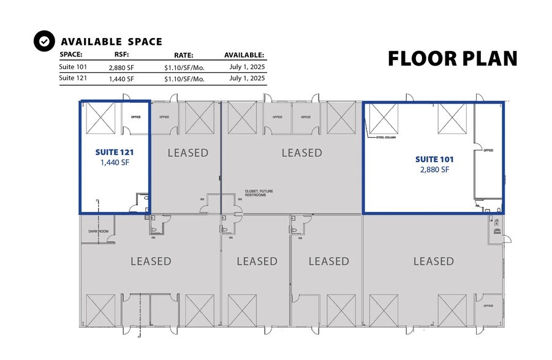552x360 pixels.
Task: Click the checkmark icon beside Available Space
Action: point(43,41)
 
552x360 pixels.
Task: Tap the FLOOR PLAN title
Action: point(453,58)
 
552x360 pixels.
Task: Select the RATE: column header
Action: point(184,54)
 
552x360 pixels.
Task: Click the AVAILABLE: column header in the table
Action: point(244,54)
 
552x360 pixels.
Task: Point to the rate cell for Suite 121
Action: point(184,78)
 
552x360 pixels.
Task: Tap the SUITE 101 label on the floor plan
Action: point(434,159)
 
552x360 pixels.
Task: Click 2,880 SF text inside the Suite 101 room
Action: point(434,170)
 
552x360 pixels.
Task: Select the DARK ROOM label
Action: point(98,231)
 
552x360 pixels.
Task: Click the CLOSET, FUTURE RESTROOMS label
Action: point(259,193)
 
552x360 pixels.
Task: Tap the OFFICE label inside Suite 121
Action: point(136,116)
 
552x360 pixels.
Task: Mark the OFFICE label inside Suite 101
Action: point(488,150)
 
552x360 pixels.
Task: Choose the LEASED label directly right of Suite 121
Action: point(188,152)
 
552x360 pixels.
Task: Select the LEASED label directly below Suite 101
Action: point(433,261)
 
